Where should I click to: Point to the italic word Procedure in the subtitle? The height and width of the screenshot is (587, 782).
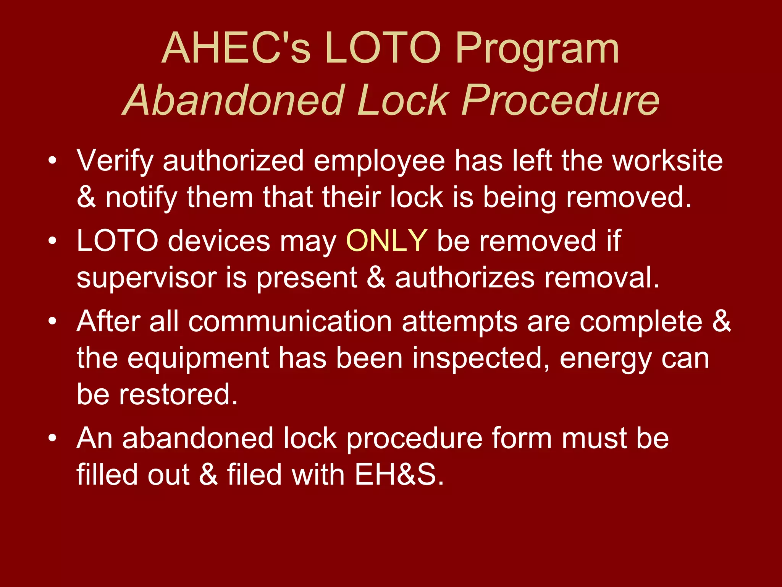pyautogui.click(x=561, y=100)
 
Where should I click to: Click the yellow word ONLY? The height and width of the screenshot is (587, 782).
pyautogui.click(x=386, y=241)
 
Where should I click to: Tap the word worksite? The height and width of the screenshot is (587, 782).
pyautogui.click(x=667, y=161)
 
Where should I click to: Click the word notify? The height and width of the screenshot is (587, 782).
pyautogui.click(x=141, y=198)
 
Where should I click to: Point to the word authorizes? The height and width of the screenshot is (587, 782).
pyautogui.click(x=465, y=277)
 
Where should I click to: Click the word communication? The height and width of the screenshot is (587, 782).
pyautogui.click(x=290, y=321)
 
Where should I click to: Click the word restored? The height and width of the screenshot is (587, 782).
pyautogui.click(x=178, y=394)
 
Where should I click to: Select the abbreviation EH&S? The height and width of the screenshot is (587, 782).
pyautogui.click(x=399, y=475)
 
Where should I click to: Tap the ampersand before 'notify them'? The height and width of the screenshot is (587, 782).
pyautogui.click(x=86, y=197)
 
